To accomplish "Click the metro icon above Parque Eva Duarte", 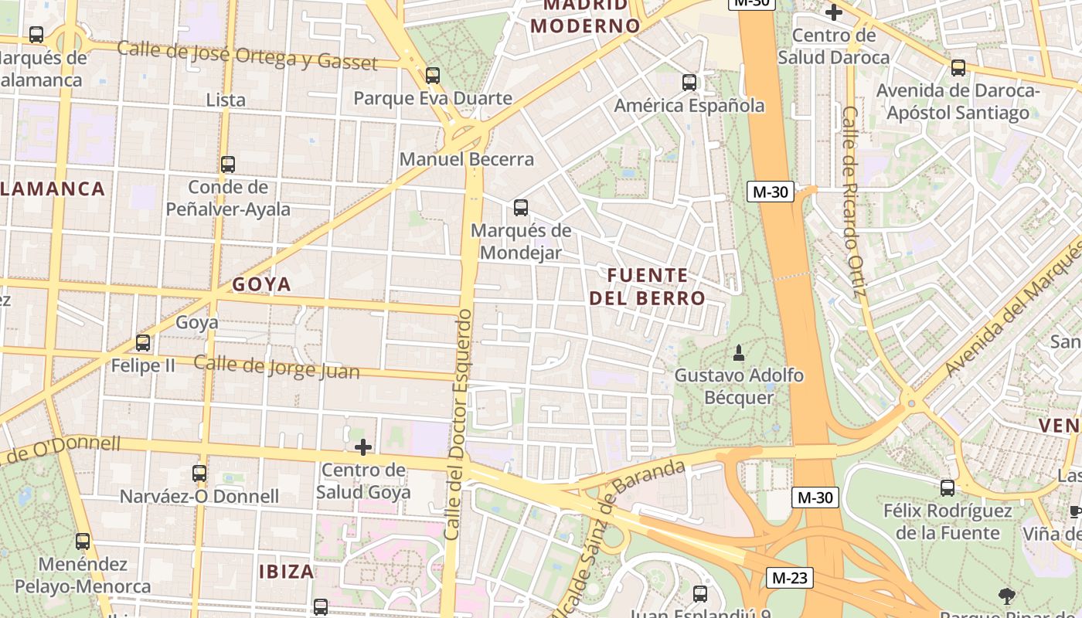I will click(x=433, y=75).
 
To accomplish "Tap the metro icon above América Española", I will click(x=689, y=82).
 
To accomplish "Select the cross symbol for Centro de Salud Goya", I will click(x=362, y=447).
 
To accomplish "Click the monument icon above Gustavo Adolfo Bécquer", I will click(x=738, y=353).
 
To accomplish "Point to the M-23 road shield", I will click(x=790, y=577).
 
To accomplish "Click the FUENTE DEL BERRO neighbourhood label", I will click(x=648, y=287).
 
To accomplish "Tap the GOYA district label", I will click(x=262, y=284).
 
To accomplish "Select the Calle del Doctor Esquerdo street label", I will click(x=458, y=425).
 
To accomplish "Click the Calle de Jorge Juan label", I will click(x=277, y=367).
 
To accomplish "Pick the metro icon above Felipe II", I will click(x=143, y=342).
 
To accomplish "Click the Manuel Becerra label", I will click(x=467, y=159).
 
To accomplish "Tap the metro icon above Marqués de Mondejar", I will click(x=521, y=207).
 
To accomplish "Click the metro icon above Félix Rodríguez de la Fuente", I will click(x=948, y=487).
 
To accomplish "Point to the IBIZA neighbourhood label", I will click(x=287, y=572).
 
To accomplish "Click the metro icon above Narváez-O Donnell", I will click(x=199, y=473).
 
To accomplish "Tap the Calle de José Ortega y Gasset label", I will click(x=247, y=56).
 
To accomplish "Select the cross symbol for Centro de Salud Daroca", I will click(x=833, y=12).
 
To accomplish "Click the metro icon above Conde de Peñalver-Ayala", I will click(x=227, y=164).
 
